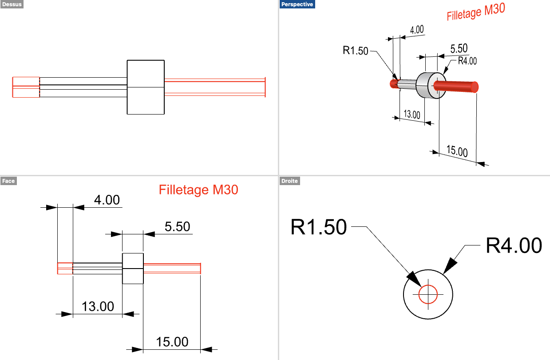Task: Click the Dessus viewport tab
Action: tap(12, 4)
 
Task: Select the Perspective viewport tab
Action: tap(297, 4)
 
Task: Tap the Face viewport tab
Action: tap(8, 181)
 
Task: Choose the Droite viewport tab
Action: tap(289, 181)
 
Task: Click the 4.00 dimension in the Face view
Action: tap(107, 200)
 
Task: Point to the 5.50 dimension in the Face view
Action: tap(177, 226)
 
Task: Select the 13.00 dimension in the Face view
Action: tap(98, 306)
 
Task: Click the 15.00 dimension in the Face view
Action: tap(172, 342)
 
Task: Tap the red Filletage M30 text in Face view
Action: tap(198, 190)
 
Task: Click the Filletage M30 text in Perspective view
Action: tap(476, 12)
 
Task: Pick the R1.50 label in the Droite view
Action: tap(318, 227)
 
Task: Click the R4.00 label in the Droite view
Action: tap(514, 245)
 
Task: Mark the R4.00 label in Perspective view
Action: tap(467, 61)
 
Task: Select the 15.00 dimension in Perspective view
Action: tap(457, 151)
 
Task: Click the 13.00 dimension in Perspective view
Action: tap(412, 115)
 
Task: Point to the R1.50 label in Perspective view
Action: tap(355, 51)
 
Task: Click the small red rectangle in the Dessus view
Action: tap(26, 87)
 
